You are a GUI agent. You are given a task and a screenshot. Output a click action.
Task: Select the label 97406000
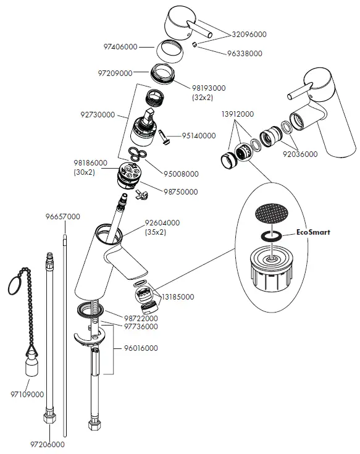pos(120,46)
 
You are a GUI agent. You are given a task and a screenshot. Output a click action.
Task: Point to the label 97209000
pos(115,73)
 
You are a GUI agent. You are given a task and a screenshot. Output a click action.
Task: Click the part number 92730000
pos(98,114)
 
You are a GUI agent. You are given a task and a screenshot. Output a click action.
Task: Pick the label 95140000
pos(199,135)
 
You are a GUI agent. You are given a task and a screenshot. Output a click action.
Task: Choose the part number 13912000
pos(237,114)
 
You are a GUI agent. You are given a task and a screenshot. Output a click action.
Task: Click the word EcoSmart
pos(313,233)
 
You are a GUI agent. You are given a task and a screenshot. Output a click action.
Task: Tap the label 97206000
pos(47,443)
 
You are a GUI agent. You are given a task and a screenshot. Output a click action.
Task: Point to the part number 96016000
pos(140,348)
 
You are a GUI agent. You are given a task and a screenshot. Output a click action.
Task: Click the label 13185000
pos(177,297)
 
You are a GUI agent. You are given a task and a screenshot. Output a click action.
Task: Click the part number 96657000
pos(62,217)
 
